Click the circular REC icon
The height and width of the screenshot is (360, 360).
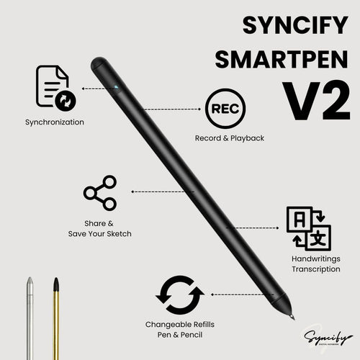click(x=224, y=109)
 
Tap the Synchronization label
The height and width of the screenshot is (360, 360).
click(x=54, y=122)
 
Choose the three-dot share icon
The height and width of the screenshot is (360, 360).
click(x=100, y=192)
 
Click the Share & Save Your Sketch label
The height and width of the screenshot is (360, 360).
click(x=100, y=228)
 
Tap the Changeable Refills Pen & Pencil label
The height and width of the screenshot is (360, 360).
click(x=180, y=329)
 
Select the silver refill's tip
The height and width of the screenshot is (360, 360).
click(x=30, y=282)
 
